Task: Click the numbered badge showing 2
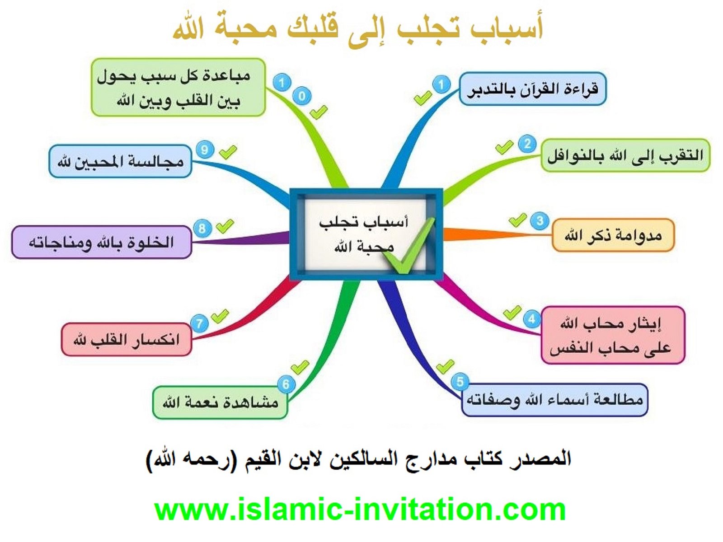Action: click(x=527, y=144)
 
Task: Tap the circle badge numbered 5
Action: click(x=460, y=382)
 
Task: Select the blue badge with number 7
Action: click(x=199, y=323)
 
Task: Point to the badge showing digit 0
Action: click(x=302, y=96)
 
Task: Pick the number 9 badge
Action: click(x=205, y=150)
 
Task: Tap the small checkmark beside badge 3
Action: click(x=517, y=220)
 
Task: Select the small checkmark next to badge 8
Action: click(x=225, y=226)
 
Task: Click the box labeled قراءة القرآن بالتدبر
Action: click(x=532, y=89)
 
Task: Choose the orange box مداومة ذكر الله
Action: click(x=613, y=235)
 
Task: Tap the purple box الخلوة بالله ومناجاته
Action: click(x=102, y=242)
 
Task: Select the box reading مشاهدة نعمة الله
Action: click(x=220, y=403)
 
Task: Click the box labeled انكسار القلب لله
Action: click(x=127, y=339)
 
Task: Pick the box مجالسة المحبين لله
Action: click(x=120, y=161)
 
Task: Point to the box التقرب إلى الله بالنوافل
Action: click(x=625, y=155)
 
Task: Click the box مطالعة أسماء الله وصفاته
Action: click(x=555, y=400)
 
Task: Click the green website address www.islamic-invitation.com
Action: click(x=360, y=509)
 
